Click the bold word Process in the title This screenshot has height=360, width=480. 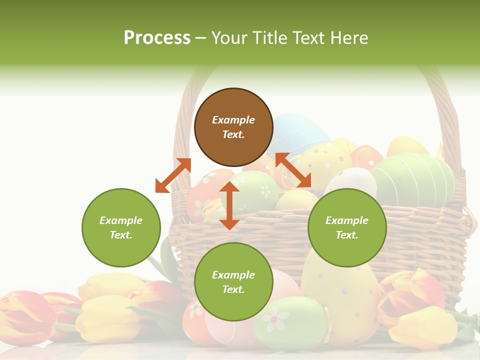click(157, 38)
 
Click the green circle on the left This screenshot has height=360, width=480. click(121, 227)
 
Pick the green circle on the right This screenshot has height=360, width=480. click(347, 227)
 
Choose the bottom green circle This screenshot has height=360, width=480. click(233, 282)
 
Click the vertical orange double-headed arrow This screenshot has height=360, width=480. click(229, 205)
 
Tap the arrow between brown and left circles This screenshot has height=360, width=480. click(173, 175)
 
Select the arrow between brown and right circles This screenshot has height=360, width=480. click(293, 170)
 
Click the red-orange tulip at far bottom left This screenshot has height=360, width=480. click(25, 315)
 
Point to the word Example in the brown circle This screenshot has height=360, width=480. click(233, 120)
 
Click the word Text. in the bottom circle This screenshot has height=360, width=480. click(233, 289)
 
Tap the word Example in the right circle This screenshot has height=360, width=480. click(347, 220)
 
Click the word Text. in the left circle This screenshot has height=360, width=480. click(121, 235)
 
